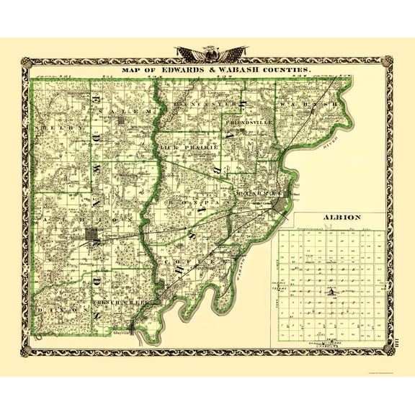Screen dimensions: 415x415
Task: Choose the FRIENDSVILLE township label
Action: pyautogui.click(x=249, y=123)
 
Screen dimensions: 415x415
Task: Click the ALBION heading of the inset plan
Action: pyautogui.click(x=327, y=217)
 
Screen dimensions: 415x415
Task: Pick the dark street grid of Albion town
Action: pyautogui.click(x=93, y=235)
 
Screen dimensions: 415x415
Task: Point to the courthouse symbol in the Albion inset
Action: pyautogui.click(x=331, y=291)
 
